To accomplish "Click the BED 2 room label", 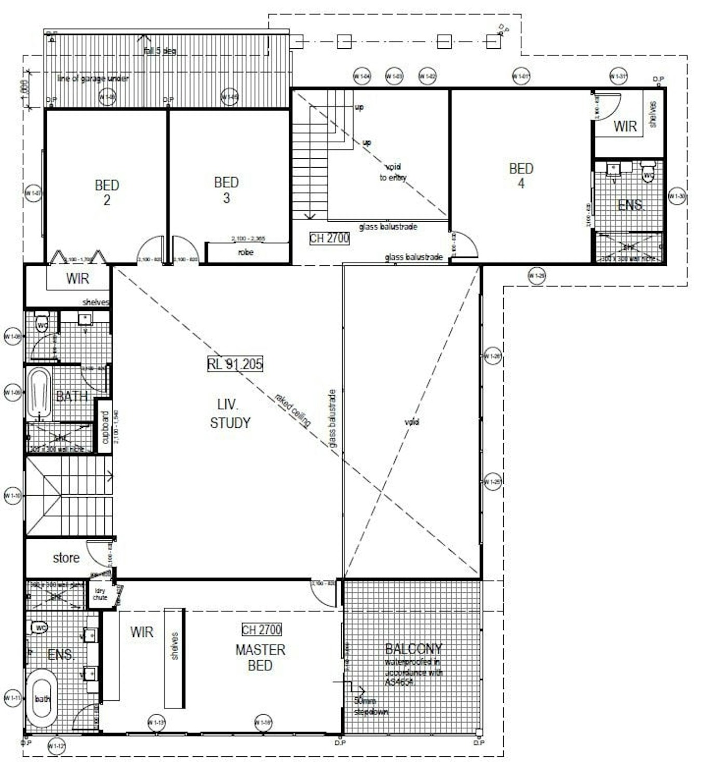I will tap(107, 193).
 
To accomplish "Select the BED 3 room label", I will tap(226, 190).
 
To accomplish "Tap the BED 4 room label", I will tap(521, 176).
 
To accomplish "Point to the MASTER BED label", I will tap(260, 658).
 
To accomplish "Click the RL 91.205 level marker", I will tap(235, 364).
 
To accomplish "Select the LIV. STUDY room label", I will tap(230, 414).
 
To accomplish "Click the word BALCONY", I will tap(413, 649).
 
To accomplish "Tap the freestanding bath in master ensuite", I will tap(42, 698).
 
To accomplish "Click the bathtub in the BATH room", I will tap(39, 393).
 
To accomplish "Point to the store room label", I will tap(66, 558).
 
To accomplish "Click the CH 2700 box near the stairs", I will tap(329, 238).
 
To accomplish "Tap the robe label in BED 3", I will tap(246, 252).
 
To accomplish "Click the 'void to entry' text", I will tap(393, 172).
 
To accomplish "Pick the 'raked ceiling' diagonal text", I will tap(292, 411).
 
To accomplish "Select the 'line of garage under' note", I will tap(93, 78).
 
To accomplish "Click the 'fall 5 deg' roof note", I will tap(159, 51).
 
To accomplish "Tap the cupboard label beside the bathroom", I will tap(105, 427).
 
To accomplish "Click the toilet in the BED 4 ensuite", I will tap(648, 171).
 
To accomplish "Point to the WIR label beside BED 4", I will tap(625, 126).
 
